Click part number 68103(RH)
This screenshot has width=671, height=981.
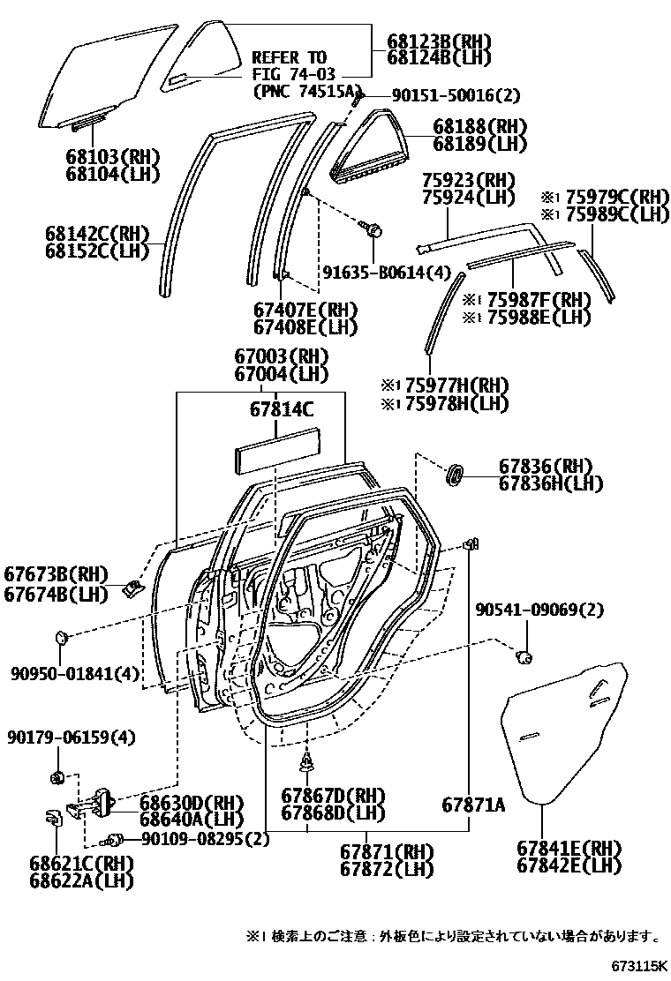pos(112,157)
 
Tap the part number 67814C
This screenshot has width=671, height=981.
pos(281,410)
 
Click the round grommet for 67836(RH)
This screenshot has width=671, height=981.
pos(455,475)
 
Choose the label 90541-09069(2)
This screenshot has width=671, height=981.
pos(539,610)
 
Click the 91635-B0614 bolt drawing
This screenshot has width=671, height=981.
pos(373,230)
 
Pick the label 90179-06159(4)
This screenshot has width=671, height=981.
pos(72,737)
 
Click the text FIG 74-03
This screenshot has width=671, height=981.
pos(290,73)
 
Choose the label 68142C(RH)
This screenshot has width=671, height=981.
pos(97,235)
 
